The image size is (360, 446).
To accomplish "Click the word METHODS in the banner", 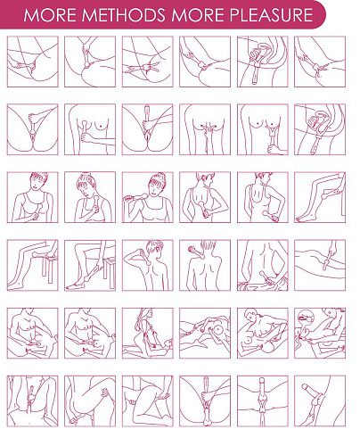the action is point(123,15).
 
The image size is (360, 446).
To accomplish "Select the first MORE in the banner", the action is point(50,15).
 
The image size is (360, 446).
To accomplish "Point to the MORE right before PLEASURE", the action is point(197,15).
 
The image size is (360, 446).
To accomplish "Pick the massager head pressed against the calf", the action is point(87,278).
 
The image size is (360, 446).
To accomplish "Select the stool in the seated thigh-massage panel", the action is point(49,265).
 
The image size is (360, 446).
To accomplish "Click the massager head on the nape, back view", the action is point(191,249).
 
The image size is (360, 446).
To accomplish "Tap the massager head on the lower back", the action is point(262,274).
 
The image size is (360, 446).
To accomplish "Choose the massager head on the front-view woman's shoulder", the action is point(145,195).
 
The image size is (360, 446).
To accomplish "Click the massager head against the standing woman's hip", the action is point(265,213).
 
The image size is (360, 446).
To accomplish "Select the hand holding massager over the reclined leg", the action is point(333,247).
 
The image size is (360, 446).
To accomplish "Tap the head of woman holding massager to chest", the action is point(37,181).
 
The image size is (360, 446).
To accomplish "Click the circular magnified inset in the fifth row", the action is point(306,318).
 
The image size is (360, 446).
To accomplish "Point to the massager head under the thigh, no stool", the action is point(323,196).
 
